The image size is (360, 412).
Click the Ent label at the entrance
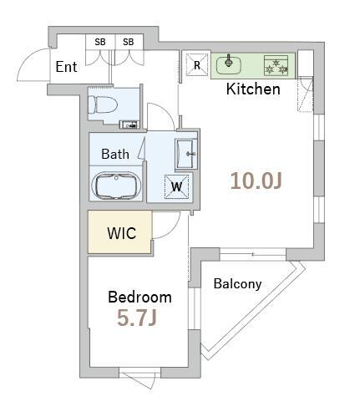pyautogui.click(x=66, y=67)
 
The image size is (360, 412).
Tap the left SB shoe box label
pyautogui.click(x=100, y=42)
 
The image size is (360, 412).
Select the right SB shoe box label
pyautogui.click(x=129, y=42)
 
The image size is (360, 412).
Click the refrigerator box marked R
pyautogui.click(x=197, y=64)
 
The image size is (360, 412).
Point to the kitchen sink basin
pyautogui.click(x=229, y=65)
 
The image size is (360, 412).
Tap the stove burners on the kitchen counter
pyautogui.click(x=276, y=66)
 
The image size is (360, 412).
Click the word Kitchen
pyautogui.click(x=253, y=89)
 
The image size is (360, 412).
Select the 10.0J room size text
pyautogui.click(x=256, y=181)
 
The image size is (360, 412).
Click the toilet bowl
pyautogui.click(x=103, y=104)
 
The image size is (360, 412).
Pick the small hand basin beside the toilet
pyautogui.click(x=129, y=125)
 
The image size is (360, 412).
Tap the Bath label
pyautogui.click(x=115, y=154)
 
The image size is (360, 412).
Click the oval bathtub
pyautogui.click(x=116, y=186)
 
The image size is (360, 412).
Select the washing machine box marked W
pyautogui.click(x=176, y=186)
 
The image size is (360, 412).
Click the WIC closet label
pyautogui.click(x=122, y=233)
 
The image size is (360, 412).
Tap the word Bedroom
pyautogui.click(x=139, y=297)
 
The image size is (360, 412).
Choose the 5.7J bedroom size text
pyautogui.click(x=137, y=318)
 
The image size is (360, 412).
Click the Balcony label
pyautogui.click(x=237, y=284)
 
